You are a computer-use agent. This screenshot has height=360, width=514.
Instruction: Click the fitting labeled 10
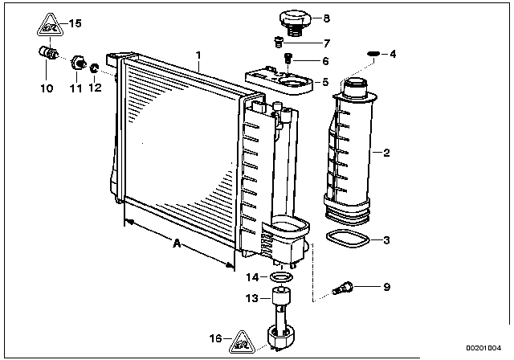coord(47,53)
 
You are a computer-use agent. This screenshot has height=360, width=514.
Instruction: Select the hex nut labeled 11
coord(78,61)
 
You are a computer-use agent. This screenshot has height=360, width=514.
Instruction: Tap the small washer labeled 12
coord(94,67)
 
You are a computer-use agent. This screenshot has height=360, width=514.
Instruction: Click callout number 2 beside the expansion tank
coord(386,152)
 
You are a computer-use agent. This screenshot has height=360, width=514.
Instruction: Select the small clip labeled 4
coord(372,54)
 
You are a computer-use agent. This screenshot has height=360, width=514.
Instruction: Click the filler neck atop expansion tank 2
coord(356,82)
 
